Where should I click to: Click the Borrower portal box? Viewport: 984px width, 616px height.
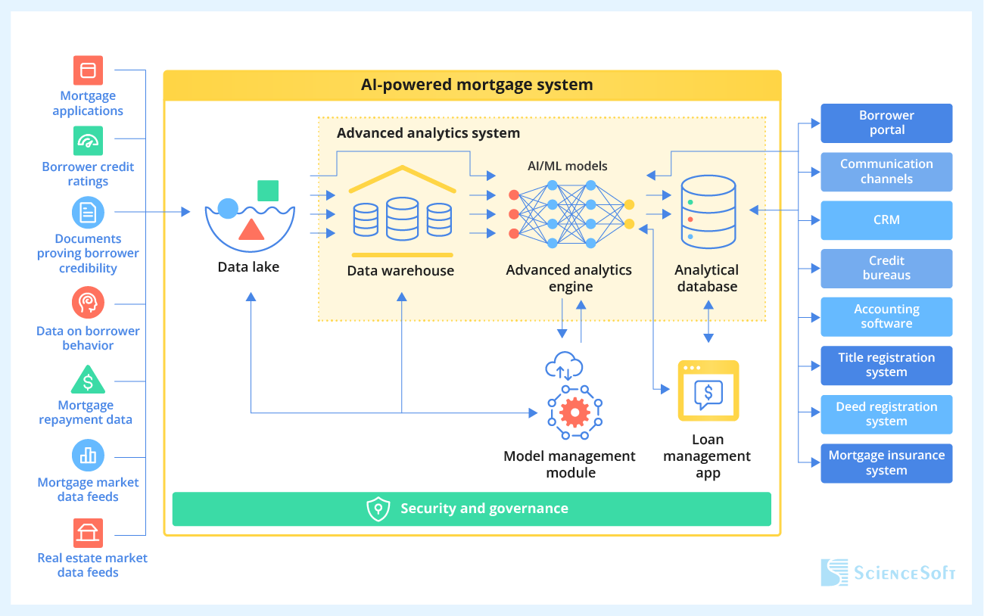(x=886, y=123)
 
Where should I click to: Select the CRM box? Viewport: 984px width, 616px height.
(x=886, y=220)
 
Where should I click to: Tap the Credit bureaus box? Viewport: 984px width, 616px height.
(x=886, y=269)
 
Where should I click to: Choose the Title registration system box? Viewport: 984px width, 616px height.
(x=886, y=366)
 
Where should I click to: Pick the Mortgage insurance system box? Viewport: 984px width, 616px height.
(x=886, y=463)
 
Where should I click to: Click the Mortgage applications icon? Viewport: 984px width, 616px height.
(x=88, y=70)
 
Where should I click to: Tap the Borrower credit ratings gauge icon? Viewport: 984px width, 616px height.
(x=88, y=141)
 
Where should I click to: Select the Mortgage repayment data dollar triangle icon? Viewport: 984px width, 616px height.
(x=88, y=380)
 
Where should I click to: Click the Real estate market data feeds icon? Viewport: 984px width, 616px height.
(x=88, y=533)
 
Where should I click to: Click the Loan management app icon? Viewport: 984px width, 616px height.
(x=708, y=390)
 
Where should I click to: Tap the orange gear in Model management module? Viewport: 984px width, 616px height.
(x=575, y=412)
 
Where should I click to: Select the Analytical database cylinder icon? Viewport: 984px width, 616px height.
(x=708, y=212)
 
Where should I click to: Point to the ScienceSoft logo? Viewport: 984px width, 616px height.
(x=888, y=573)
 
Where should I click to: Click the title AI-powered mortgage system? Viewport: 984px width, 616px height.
(x=477, y=85)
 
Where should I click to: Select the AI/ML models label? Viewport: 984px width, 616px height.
(x=567, y=166)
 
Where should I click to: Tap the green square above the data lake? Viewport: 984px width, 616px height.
(x=268, y=191)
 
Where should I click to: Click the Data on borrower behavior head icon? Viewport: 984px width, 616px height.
(x=88, y=303)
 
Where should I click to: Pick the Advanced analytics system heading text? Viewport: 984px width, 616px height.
(x=428, y=133)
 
